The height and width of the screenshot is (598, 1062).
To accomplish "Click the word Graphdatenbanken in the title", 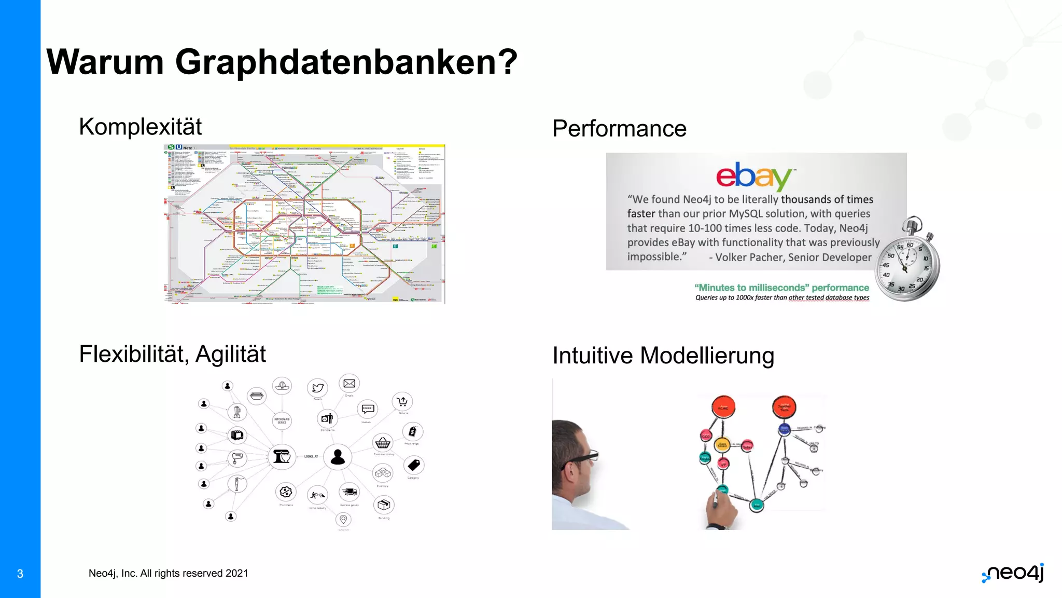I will point(346,62).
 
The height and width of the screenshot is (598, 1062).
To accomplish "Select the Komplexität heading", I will point(140,127).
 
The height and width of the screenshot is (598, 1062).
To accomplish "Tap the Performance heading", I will point(619,129).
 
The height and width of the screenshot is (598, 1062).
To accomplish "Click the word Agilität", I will point(231,355).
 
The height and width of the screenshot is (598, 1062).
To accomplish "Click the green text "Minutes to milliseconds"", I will point(751,288).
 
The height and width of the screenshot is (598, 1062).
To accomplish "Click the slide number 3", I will point(20,574).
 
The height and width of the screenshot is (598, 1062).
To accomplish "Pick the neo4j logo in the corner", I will point(1013,573).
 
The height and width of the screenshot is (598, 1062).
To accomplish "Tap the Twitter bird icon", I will point(318,388).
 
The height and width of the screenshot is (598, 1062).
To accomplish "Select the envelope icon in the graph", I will point(350,384).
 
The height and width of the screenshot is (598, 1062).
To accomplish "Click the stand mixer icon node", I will point(282,457).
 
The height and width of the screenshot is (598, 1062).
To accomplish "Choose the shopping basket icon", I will point(383,443).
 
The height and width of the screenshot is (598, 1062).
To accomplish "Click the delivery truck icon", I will point(350,492).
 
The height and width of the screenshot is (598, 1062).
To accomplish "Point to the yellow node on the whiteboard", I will point(722,444).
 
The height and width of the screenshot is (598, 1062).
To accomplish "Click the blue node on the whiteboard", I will point(784,429).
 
